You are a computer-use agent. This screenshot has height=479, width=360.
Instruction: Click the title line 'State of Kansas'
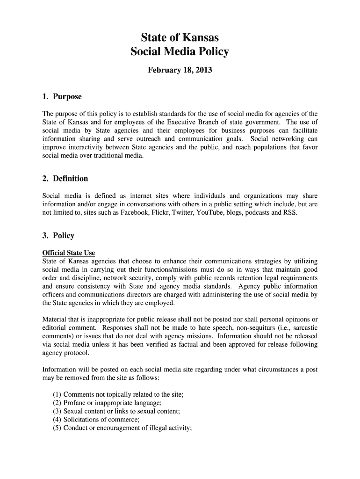point(180,37)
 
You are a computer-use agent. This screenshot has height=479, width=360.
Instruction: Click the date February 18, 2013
point(180,71)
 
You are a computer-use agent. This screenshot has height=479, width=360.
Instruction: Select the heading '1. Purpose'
point(62,97)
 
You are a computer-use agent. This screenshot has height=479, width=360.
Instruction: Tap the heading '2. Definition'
point(65,179)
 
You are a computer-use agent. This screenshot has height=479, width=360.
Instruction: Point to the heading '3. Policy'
point(58,236)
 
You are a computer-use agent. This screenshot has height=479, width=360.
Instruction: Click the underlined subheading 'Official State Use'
point(69,253)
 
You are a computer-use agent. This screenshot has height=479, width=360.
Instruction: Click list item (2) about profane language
point(107,403)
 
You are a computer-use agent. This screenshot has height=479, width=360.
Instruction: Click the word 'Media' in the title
point(180,52)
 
